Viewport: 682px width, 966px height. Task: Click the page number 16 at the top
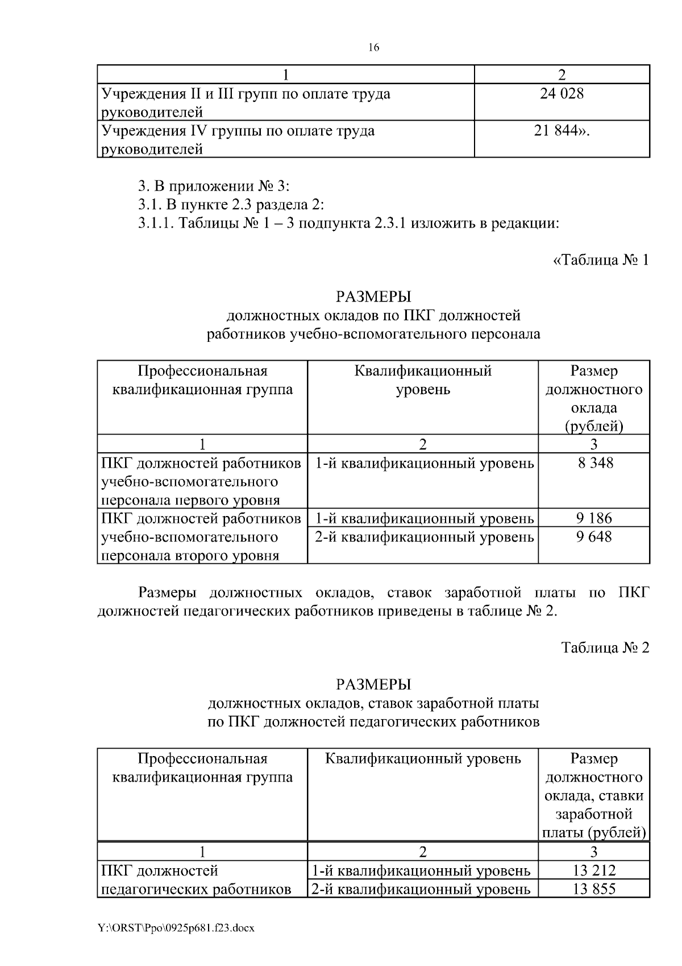[x=373, y=48]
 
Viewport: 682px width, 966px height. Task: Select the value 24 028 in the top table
[x=562, y=94]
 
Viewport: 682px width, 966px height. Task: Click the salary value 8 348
[x=595, y=463]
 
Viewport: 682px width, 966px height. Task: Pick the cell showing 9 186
[x=594, y=518]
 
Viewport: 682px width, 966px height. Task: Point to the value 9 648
[x=594, y=536]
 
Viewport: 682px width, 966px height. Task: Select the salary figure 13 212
[x=594, y=870]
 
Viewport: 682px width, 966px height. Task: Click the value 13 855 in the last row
[x=594, y=889]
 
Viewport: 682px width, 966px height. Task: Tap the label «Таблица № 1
[x=600, y=261]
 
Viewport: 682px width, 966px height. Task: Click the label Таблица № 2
[x=605, y=648]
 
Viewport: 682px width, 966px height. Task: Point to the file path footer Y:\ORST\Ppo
[x=177, y=928]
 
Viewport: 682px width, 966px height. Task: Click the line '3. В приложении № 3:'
[x=214, y=187]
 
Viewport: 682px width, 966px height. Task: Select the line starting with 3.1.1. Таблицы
[x=348, y=223]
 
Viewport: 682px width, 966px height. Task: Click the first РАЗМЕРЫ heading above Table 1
[x=373, y=297]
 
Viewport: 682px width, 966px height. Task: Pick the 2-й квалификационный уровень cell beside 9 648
[x=424, y=536]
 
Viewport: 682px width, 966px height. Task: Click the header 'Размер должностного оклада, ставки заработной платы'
[x=594, y=795]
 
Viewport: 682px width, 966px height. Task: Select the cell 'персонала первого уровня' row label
[x=190, y=500]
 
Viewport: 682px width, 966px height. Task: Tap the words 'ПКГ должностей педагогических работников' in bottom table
[x=196, y=880]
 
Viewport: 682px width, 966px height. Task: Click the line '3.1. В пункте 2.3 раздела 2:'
[x=231, y=205]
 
